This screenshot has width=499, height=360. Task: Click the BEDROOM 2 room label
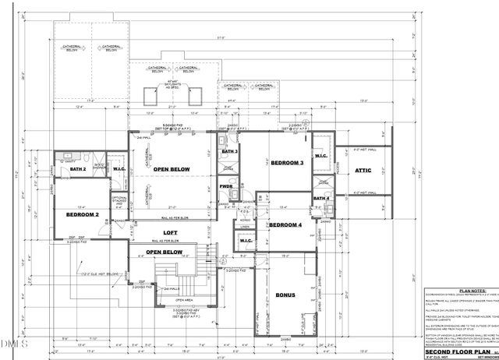click(82, 214)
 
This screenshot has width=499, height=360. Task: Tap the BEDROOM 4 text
click(285, 225)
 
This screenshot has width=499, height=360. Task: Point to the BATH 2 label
click(77, 168)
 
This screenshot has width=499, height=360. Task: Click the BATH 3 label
click(229, 151)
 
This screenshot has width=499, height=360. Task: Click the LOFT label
click(171, 232)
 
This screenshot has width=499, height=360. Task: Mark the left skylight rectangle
click(151, 97)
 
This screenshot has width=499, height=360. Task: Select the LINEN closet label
click(246, 228)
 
